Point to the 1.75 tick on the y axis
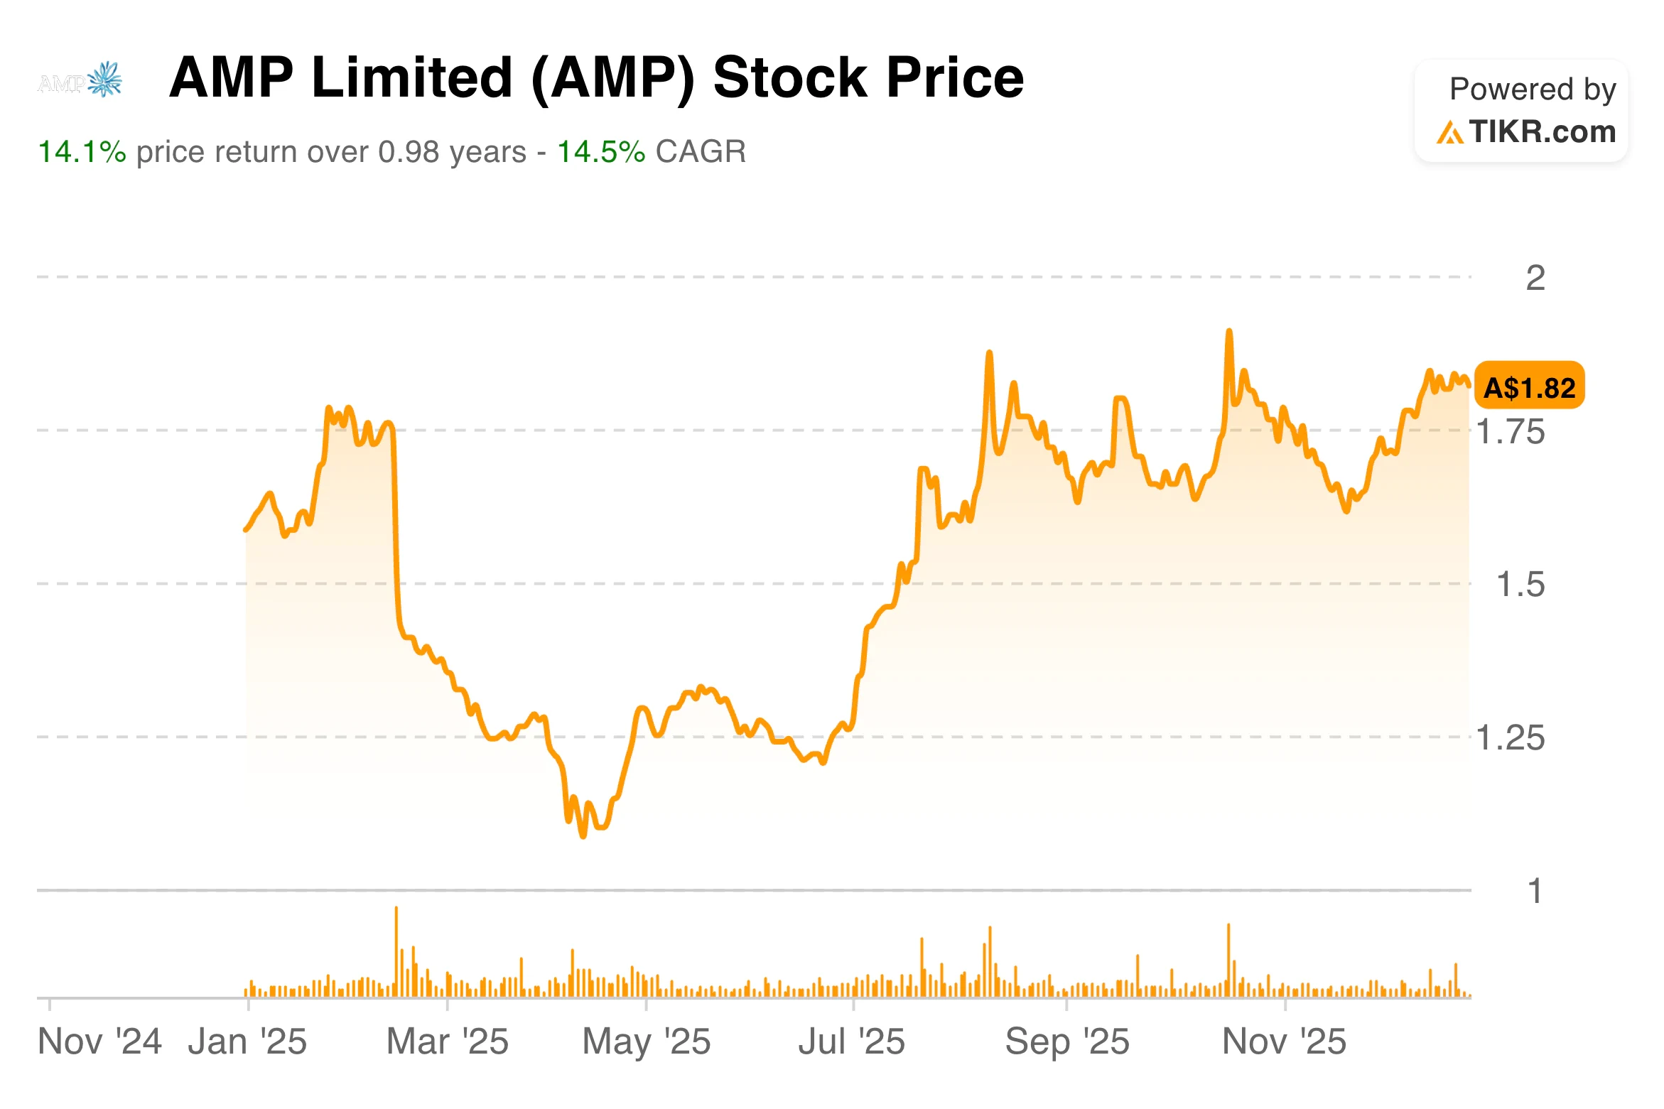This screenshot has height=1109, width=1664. [x=1510, y=431]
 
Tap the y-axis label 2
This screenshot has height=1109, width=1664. [x=1535, y=278]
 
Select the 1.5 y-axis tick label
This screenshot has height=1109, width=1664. [x=1520, y=585]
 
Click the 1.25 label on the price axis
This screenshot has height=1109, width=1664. [x=1510, y=738]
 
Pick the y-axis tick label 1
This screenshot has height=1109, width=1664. [x=1535, y=892]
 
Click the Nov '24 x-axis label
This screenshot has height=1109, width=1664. [x=99, y=1042]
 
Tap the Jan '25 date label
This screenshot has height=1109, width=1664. [x=247, y=1042]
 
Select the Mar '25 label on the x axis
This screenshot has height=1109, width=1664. [x=447, y=1042]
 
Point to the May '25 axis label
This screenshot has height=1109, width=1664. [x=646, y=1042]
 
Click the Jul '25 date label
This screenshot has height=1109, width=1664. [x=851, y=1042]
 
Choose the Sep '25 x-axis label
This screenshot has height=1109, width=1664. [x=1066, y=1042]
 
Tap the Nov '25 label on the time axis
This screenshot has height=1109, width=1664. [x=1283, y=1042]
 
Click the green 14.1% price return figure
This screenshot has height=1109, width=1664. [x=81, y=152]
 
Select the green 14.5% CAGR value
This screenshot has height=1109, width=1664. [x=600, y=152]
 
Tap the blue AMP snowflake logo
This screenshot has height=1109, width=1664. [x=105, y=79]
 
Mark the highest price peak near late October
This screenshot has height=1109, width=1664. [x=1228, y=332]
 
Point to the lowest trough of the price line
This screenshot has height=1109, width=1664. [x=583, y=836]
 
